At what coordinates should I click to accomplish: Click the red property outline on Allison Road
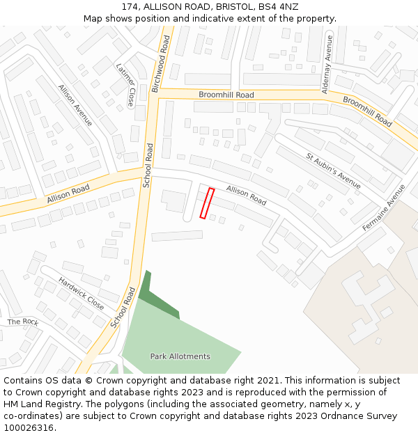coord(207,203)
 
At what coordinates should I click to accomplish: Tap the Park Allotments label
coord(180,356)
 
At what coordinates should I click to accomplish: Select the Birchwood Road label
coord(160,64)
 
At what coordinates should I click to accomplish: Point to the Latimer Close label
coord(126,84)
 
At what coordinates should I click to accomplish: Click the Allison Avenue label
coord(75,105)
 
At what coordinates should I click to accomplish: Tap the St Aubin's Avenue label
coord(334,171)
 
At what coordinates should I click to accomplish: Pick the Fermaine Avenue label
coord(384,208)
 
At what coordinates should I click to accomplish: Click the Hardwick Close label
coord(81,294)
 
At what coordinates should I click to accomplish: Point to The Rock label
coord(23,322)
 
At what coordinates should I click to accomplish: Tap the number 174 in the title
coord(130,6)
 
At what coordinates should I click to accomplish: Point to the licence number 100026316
coord(29,428)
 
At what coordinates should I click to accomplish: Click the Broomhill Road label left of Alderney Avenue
coord(226,95)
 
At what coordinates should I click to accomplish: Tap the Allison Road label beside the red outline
coord(246,195)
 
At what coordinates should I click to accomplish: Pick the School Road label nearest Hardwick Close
coord(122,306)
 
